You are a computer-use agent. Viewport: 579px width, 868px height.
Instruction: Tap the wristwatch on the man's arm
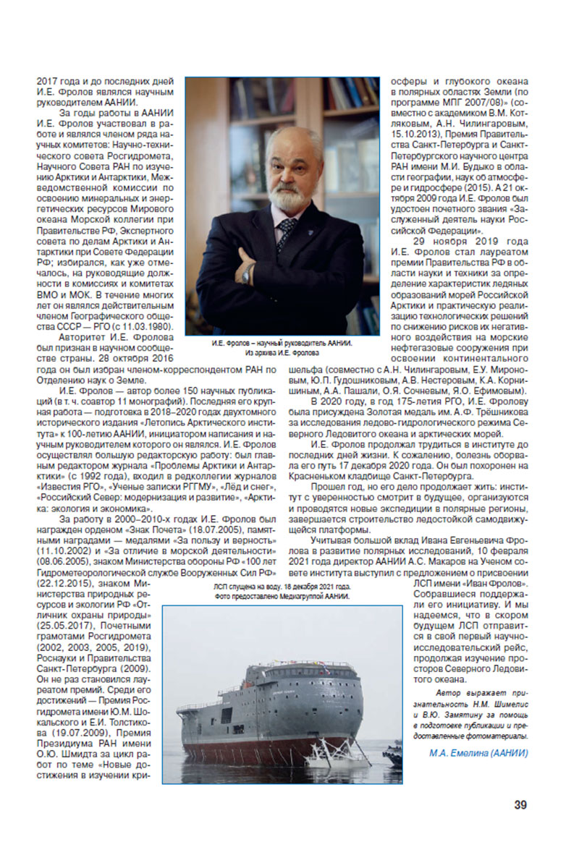[248, 273]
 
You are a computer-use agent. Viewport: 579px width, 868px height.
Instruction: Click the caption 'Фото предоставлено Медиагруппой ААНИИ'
[282, 597]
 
